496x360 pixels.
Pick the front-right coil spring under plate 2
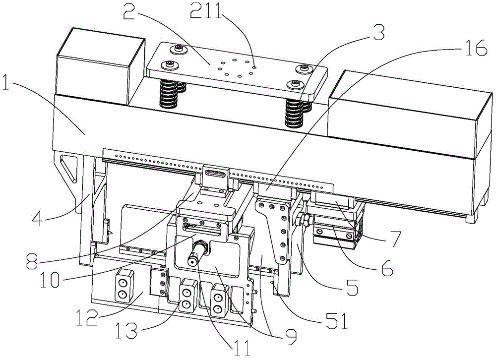[x=294, y=112]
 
